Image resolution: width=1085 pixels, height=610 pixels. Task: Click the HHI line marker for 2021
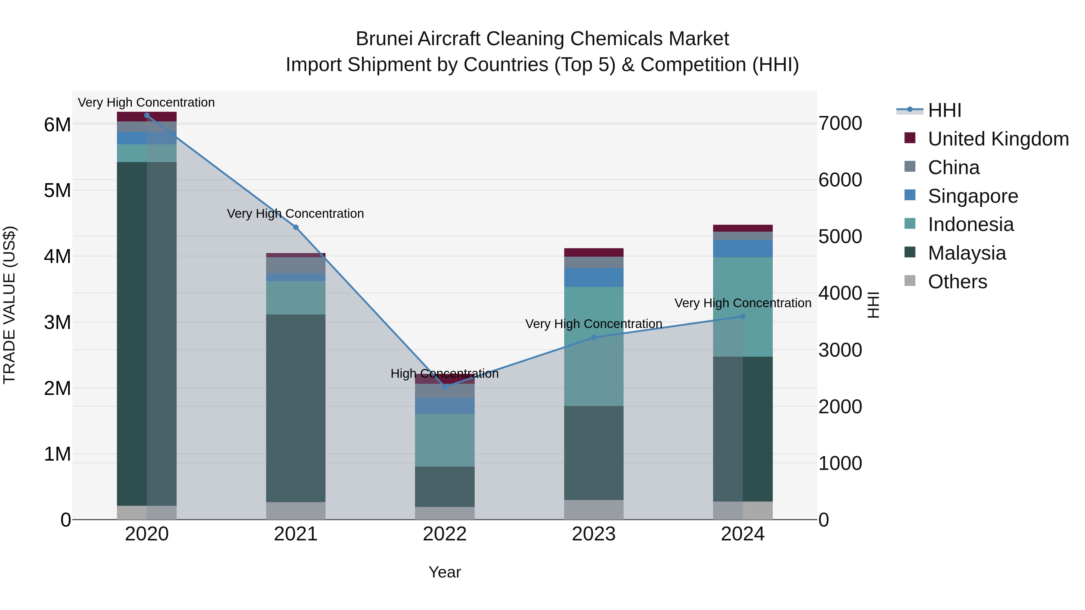296,227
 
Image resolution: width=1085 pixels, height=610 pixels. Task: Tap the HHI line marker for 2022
445,386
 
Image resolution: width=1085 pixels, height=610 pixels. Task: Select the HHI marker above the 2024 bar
743,316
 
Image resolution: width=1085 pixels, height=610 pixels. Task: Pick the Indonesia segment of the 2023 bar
594,346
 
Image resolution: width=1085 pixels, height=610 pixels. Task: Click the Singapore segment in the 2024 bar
743,249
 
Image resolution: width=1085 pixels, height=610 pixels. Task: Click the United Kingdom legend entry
998,139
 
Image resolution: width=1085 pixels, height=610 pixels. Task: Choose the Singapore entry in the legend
973,196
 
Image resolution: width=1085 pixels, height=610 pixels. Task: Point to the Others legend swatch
910,281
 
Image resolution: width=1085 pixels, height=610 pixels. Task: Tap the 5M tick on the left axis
57,190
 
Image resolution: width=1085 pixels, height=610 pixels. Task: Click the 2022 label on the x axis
445,534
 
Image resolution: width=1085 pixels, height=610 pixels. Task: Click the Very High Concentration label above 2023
593,324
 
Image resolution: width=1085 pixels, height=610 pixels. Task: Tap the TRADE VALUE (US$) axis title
9,305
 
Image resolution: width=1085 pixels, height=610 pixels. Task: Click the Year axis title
445,572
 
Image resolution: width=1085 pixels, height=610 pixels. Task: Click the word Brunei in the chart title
385,39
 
